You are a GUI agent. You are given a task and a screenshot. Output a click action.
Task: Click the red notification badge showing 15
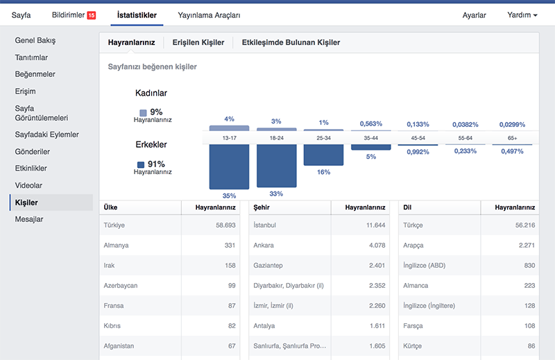click(x=92, y=15)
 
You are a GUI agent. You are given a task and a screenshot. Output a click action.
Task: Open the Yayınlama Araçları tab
click(x=209, y=15)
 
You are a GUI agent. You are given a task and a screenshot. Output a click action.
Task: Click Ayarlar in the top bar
click(x=474, y=15)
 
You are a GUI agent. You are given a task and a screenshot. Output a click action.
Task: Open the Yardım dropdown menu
click(x=522, y=15)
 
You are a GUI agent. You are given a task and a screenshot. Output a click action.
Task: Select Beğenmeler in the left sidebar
click(x=35, y=74)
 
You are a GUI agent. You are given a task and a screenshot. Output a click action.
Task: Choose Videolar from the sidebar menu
click(x=28, y=185)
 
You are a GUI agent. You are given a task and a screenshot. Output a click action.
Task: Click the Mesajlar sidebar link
click(x=29, y=219)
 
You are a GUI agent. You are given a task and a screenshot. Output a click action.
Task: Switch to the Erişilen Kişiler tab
click(x=198, y=42)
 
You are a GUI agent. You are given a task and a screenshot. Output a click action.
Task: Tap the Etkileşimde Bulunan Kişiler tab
click(x=291, y=42)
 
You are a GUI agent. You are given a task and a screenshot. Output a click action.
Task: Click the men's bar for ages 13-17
click(x=229, y=166)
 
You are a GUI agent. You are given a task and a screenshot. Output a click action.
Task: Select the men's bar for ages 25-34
click(x=323, y=155)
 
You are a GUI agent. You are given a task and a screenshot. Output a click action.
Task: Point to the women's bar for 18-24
click(x=276, y=130)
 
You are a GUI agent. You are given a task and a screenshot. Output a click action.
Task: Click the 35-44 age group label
click(x=371, y=138)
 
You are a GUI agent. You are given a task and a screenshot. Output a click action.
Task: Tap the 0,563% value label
click(x=371, y=123)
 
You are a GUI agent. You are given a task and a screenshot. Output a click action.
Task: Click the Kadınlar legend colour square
click(x=143, y=113)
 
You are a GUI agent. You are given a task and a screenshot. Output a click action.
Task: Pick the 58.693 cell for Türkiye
click(x=225, y=225)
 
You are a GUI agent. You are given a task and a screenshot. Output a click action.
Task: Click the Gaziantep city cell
click(x=268, y=266)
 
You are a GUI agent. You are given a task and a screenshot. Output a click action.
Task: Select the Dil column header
click(x=407, y=207)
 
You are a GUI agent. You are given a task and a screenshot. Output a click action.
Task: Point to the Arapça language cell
click(x=413, y=246)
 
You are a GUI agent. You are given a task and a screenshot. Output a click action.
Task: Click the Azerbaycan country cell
click(x=120, y=286)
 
